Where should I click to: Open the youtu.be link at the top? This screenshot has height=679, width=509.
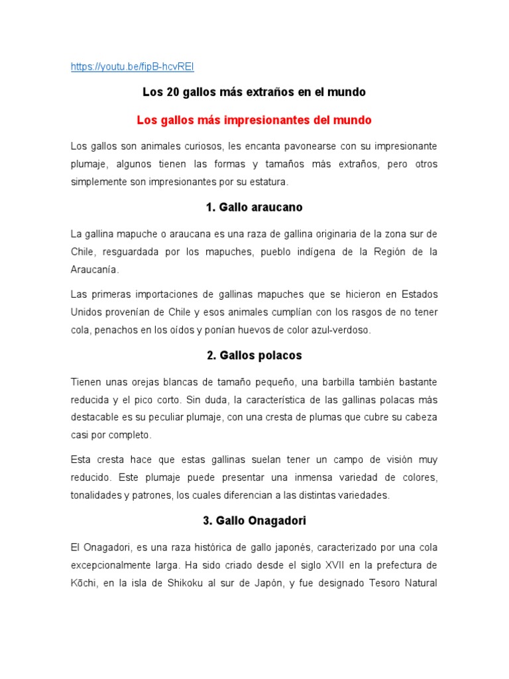133,67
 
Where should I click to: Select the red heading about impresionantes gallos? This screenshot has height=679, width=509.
254,121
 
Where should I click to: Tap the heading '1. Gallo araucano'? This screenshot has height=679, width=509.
254,208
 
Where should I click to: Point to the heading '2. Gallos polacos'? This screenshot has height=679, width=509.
254,355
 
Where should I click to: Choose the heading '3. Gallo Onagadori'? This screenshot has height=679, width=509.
254,521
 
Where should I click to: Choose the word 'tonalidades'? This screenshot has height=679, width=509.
97,495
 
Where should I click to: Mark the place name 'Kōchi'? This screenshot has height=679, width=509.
84,584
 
